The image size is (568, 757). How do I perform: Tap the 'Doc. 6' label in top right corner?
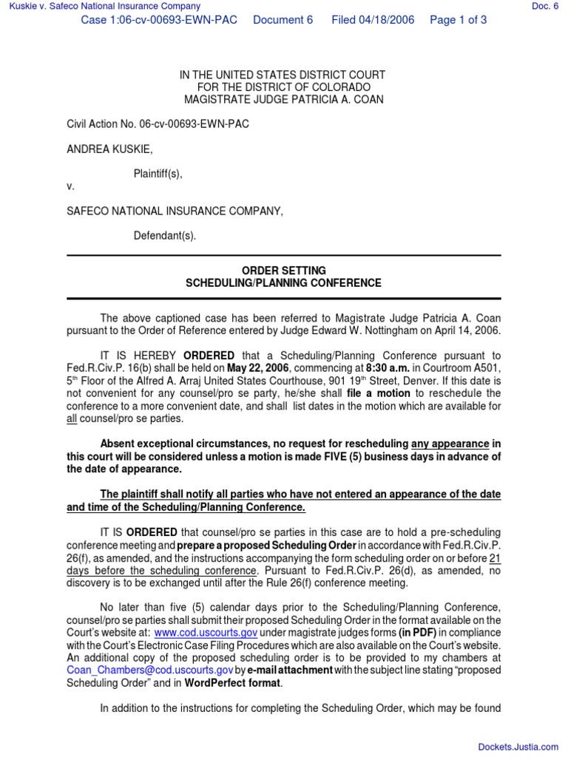[545, 7]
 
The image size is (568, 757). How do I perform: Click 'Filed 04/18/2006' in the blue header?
[372, 20]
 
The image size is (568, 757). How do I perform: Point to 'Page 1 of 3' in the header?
[458, 20]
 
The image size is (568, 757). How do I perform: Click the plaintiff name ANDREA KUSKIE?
[109, 149]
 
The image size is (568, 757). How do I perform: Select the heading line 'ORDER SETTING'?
[284, 271]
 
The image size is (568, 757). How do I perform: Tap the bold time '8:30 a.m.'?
[386, 368]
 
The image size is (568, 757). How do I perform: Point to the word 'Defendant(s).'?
[165, 237]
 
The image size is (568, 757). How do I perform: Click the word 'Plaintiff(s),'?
[158, 174]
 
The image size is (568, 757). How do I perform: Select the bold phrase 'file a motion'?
[378, 393]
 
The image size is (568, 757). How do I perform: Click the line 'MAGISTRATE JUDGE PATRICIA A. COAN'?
[284, 99]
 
